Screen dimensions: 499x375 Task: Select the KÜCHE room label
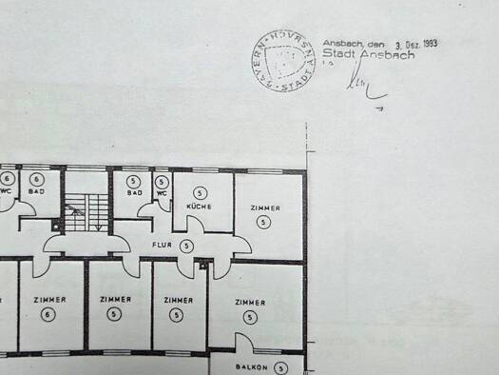point(200,207)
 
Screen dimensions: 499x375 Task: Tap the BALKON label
point(252,367)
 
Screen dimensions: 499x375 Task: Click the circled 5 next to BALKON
point(280,367)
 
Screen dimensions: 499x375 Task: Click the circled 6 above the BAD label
point(36,179)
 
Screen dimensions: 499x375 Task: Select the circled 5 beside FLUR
point(186,246)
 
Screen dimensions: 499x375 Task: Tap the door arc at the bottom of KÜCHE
point(194,225)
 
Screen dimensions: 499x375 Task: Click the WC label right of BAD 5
point(163,192)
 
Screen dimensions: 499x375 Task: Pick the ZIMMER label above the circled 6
point(49,300)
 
